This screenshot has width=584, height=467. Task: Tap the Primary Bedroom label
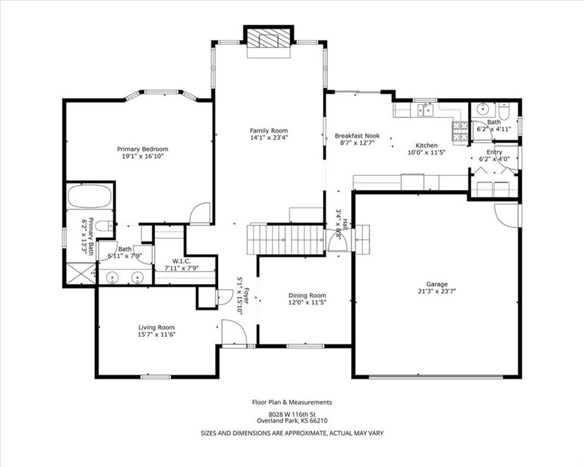pyautogui.click(x=142, y=149)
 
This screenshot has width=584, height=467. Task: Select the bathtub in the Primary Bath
pyautogui.click(x=90, y=196)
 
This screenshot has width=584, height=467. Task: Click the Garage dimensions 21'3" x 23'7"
pyautogui.click(x=437, y=291)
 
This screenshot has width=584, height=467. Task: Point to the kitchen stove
pyautogui.click(x=460, y=131)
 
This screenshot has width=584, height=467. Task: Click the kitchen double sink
pyautogui.click(x=426, y=110)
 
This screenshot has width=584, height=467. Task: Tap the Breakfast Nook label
pyautogui.click(x=357, y=136)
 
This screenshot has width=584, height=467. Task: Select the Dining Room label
pyautogui.click(x=307, y=296)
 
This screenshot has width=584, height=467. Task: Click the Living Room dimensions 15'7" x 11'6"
pyautogui.click(x=156, y=334)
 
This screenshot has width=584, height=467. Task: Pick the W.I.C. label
pyautogui.click(x=182, y=261)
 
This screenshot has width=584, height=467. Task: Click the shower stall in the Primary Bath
pyautogui.click(x=80, y=274)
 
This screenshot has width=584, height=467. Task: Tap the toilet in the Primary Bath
pyautogui.click(x=104, y=226)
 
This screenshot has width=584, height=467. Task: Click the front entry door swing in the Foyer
pyautogui.click(x=234, y=333)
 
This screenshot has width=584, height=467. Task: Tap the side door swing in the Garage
pyautogui.click(x=507, y=215)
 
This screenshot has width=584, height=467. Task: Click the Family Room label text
pyautogui.click(x=269, y=130)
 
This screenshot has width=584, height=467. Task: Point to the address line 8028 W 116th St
pyautogui.click(x=292, y=414)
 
